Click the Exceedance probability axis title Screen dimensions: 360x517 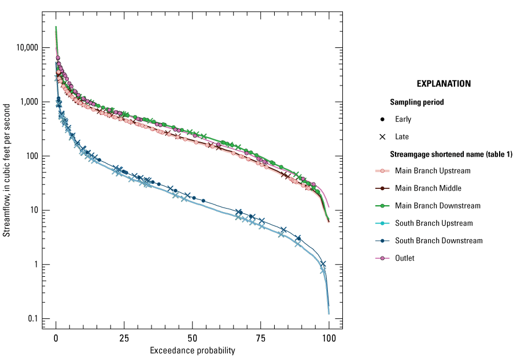(x=193, y=351)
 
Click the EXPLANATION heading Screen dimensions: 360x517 (x=444, y=84)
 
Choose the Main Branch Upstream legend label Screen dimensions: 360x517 (x=433, y=170)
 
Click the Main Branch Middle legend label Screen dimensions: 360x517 (x=429, y=188)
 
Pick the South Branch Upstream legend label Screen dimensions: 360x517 (x=434, y=223)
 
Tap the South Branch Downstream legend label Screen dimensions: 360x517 (x=438, y=240)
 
